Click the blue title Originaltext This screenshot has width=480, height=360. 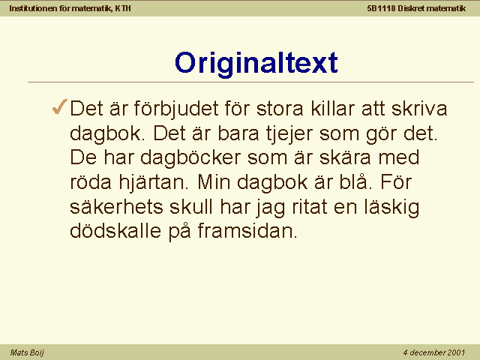tap(256, 63)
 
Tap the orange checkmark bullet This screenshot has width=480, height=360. tap(59, 106)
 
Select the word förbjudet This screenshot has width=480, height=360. tap(176, 109)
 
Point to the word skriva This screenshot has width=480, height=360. tap(419, 108)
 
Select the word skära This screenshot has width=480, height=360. tap(345, 157)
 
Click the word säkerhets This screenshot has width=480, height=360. tap(116, 206)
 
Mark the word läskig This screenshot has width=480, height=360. tap(391, 208)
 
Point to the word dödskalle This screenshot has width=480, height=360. tap(115, 231)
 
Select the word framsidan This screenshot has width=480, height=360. tap(247, 231)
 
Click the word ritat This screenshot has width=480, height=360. tap(309, 206)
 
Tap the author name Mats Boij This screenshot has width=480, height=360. tap(27, 352)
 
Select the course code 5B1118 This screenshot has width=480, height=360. tap(381, 8)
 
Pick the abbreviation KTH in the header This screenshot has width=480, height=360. tap(123, 8)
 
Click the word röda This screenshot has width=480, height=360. tap(91, 181)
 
